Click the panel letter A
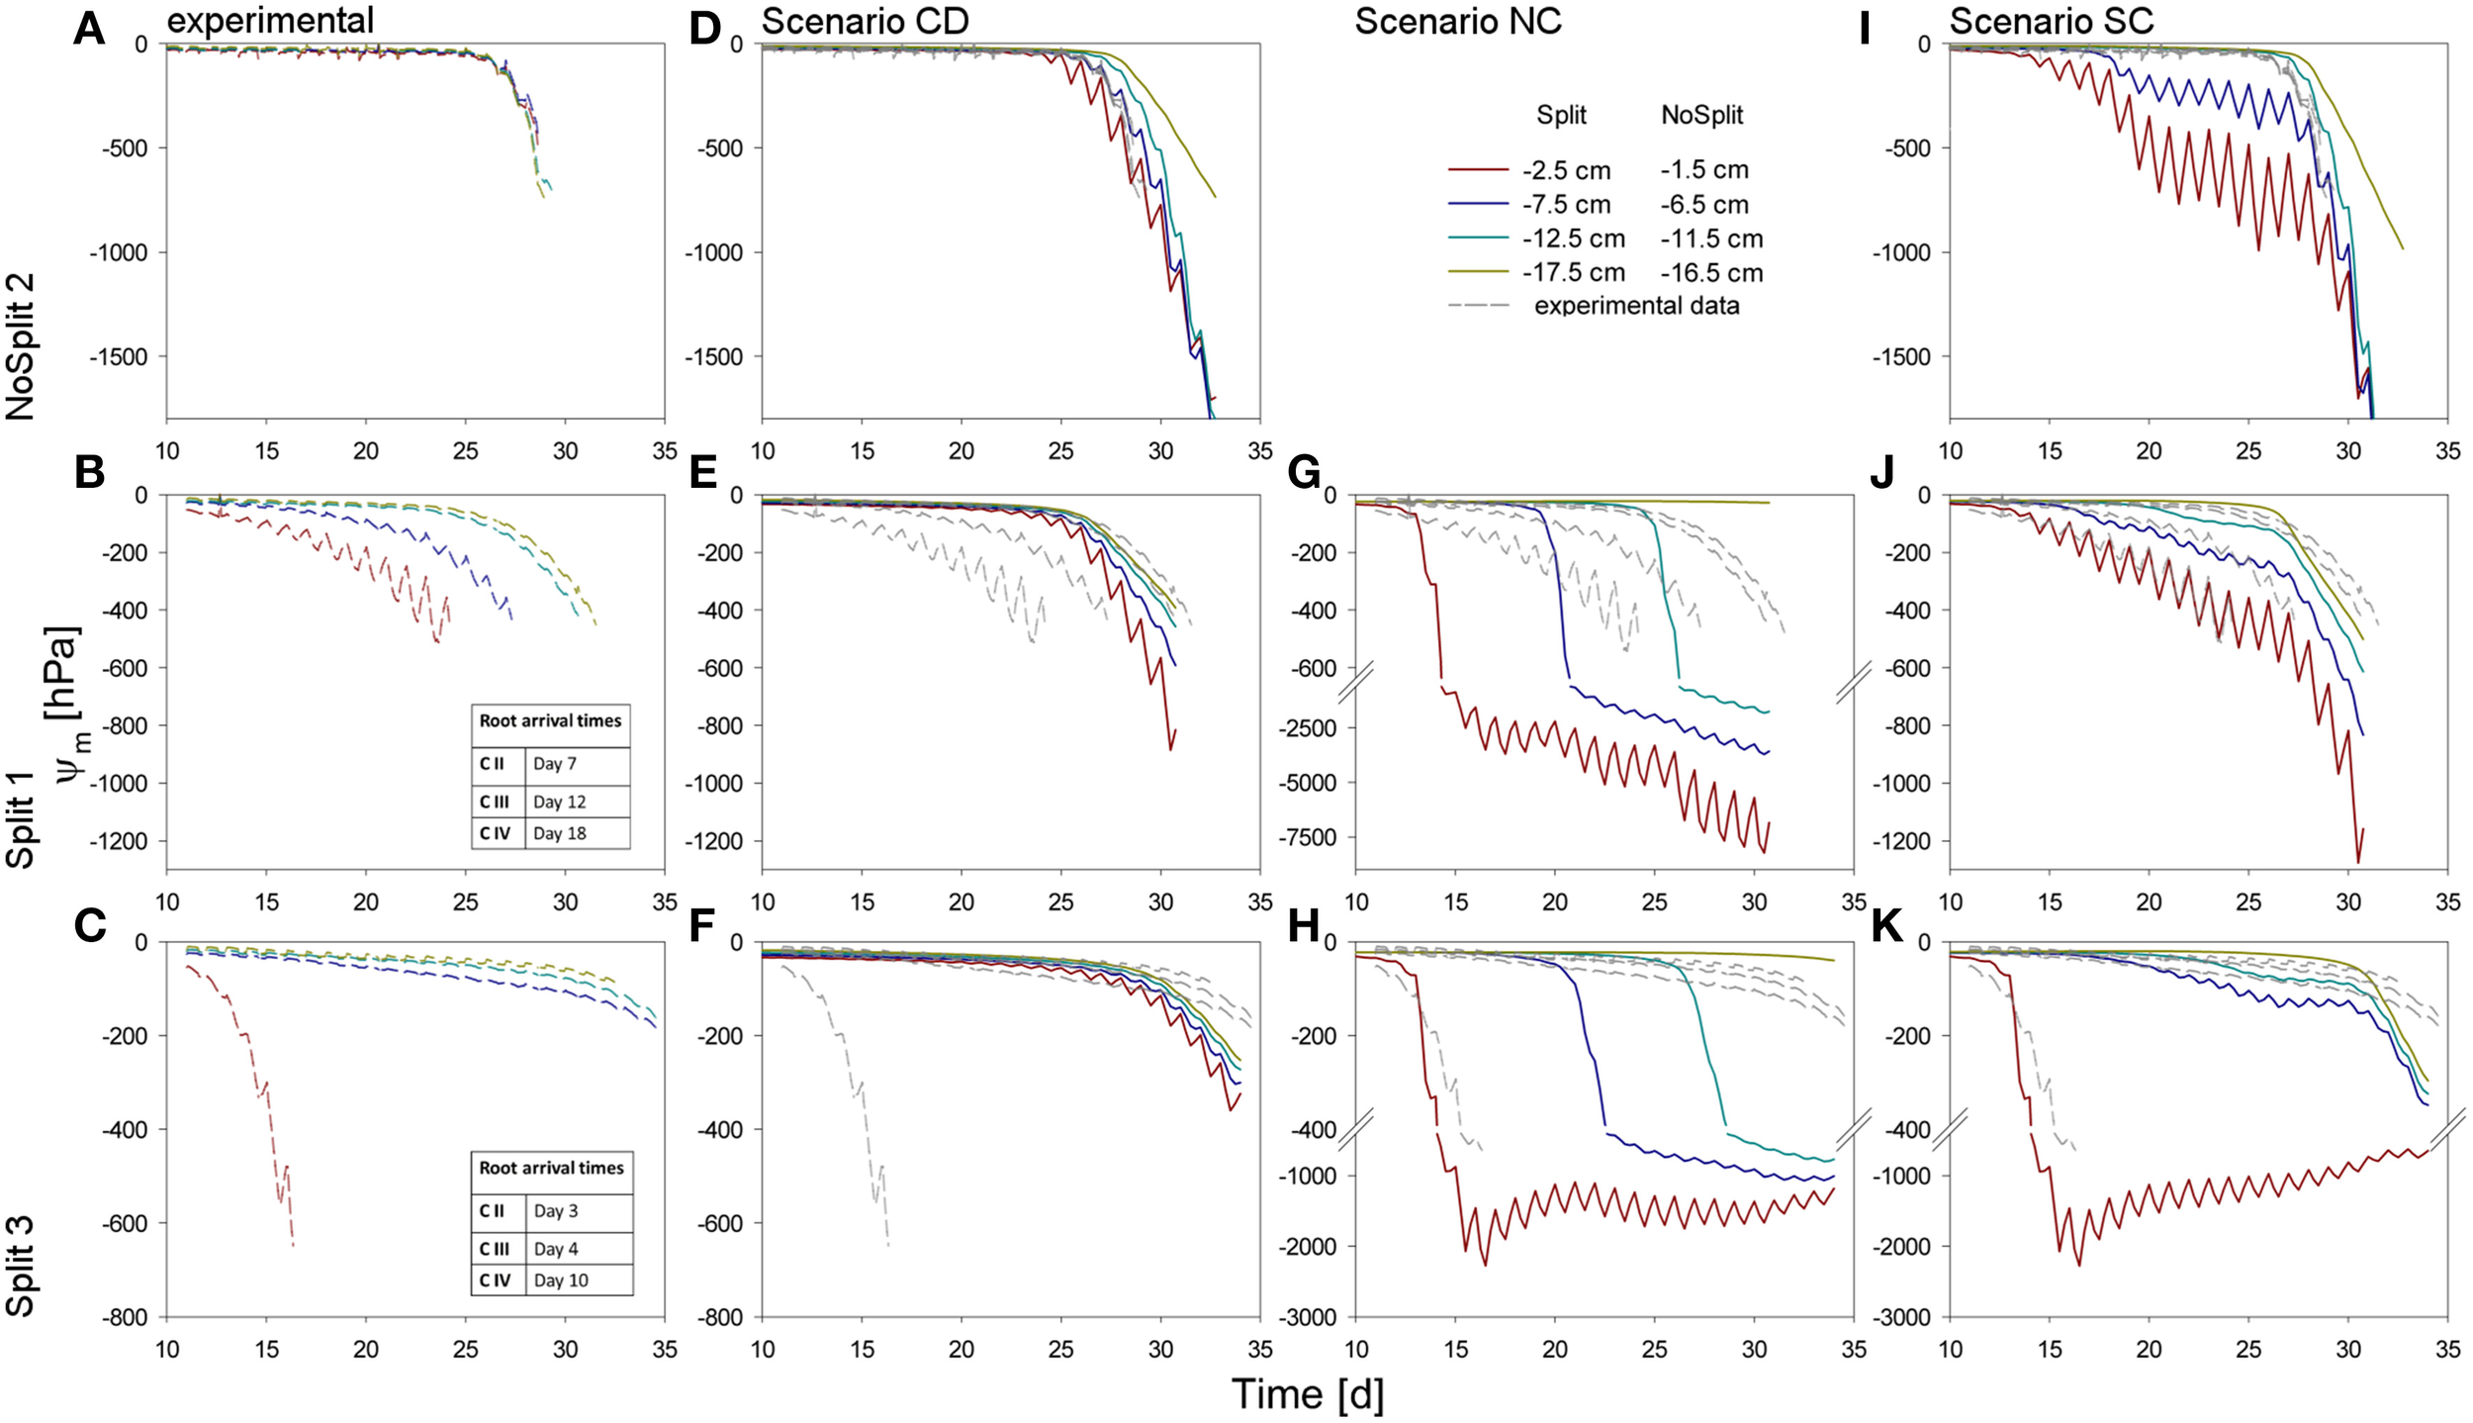[x=89, y=29]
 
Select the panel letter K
[x=1888, y=926]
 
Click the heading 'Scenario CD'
[x=865, y=21]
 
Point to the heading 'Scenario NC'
[x=1457, y=21]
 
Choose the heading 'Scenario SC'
[x=2051, y=21]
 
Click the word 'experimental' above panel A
[x=270, y=19]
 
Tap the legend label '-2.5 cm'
[x=1566, y=171]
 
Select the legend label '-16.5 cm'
[x=1711, y=272]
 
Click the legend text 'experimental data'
[x=1636, y=305]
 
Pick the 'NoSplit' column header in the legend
[x=1701, y=115]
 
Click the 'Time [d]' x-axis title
[x=1307, y=1394]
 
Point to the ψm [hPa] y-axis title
[x=65, y=703]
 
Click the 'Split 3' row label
[x=21, y=1267]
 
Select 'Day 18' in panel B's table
[x=559, y=833]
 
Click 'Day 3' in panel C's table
[x=556, y=1210]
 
